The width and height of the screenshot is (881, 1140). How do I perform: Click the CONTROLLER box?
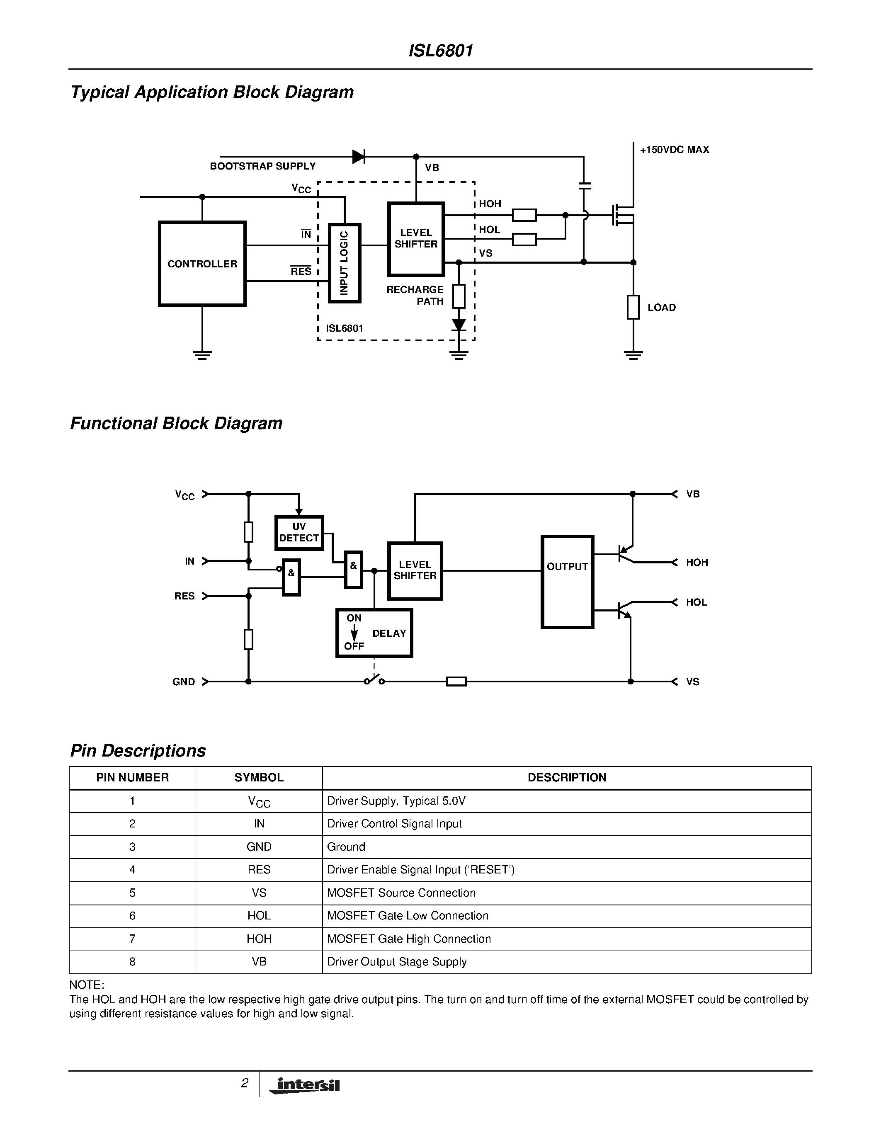202,264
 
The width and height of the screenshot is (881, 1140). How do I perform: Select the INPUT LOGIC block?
345,263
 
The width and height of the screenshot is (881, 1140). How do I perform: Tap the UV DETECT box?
299,532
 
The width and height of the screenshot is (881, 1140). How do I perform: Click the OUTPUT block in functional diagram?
567,582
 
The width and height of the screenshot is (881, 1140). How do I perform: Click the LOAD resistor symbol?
633,307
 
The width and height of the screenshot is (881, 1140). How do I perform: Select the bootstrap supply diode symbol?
359,157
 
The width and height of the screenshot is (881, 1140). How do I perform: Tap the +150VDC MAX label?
674,150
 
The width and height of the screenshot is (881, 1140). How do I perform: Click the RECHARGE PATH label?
415,296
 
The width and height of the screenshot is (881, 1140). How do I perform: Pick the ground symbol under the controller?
202,355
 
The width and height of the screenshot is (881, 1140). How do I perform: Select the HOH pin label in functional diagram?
697,562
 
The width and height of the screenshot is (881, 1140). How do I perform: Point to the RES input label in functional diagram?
184,596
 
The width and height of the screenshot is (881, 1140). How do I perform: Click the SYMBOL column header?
259,777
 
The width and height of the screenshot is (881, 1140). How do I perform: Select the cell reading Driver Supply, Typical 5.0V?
396,801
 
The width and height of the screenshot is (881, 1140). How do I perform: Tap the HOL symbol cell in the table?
259,916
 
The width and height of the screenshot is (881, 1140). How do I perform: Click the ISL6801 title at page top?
440,51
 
